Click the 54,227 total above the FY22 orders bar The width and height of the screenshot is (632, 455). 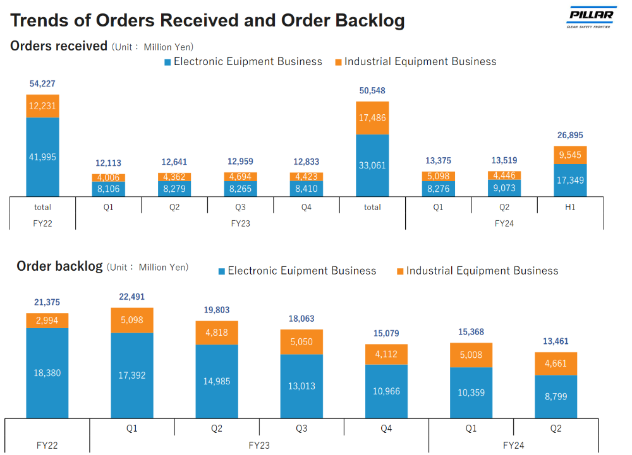coord(42,83)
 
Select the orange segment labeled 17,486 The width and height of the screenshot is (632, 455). coord(372,118)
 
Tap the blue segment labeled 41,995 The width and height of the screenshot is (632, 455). coord(42,157)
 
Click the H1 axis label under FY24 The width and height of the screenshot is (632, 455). coord(570,207)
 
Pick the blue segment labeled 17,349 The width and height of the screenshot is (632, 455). coord(570,180)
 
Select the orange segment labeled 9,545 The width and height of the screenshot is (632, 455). coord(570,155)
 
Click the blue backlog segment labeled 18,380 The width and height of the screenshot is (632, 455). coord(47,373)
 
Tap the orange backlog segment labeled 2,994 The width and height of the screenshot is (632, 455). coord(47,321)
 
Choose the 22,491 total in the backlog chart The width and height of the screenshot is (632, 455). coord(131,297)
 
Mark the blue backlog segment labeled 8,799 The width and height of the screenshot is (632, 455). coord(556,397)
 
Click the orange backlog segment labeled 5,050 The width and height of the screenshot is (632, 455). coord(301,342)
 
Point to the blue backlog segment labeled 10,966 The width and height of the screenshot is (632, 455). coord(386,391)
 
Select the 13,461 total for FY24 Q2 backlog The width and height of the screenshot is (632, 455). coord(556,341)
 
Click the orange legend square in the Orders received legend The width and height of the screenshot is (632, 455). coord(339,62)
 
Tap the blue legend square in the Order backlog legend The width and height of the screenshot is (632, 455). coord(222,271)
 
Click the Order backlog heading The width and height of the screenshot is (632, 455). coord(59,266)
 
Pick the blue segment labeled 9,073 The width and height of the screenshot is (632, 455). coord(504,188)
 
